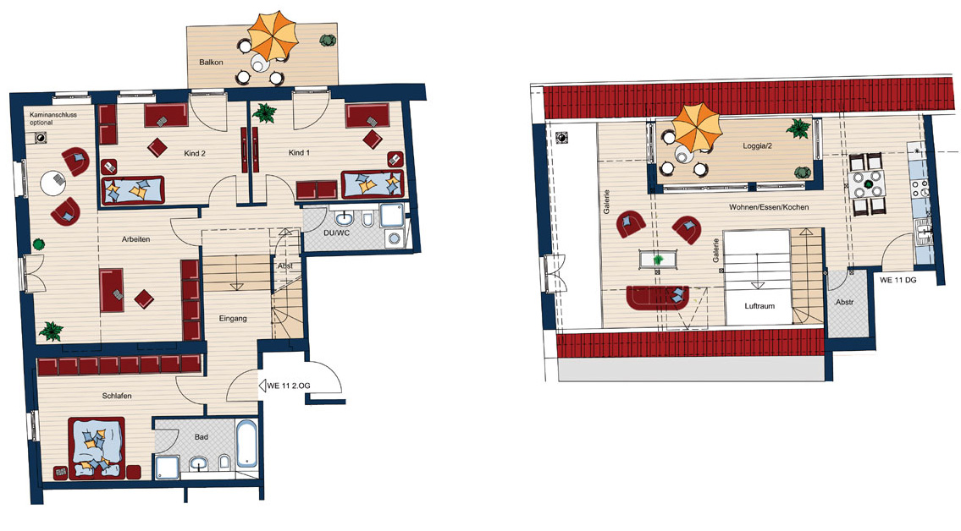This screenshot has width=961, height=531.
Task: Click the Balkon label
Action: pos(211,63)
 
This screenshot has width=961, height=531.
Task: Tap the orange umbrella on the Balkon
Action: pos(273,36)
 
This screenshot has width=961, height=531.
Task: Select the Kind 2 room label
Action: pos(195,154)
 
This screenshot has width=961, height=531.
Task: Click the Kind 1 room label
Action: pos(299,153)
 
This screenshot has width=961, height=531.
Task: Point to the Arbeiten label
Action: pos(135,239)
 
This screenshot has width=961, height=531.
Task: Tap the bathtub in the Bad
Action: pos(247,444)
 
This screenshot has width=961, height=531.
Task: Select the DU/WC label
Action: pos(336,233)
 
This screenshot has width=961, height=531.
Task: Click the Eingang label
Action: pos(233,319)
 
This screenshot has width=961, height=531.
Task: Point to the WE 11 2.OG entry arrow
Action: pos(262,386)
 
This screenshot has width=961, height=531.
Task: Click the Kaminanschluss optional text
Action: pos(53,118)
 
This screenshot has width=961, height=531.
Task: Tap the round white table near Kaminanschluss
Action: pos(53,183)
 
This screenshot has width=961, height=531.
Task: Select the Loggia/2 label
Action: pos(757,146)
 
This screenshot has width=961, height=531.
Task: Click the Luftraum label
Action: pos(759,306)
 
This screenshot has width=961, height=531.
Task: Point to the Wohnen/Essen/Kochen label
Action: pos(769,207)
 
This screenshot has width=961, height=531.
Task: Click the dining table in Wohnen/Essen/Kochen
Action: pos(868,183)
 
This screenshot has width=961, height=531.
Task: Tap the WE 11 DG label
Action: pos(897,280)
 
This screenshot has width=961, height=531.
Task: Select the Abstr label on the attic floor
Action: pos(844,302)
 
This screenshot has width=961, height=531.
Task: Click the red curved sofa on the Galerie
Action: pos(658,297)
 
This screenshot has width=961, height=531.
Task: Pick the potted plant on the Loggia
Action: pos(798,128)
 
